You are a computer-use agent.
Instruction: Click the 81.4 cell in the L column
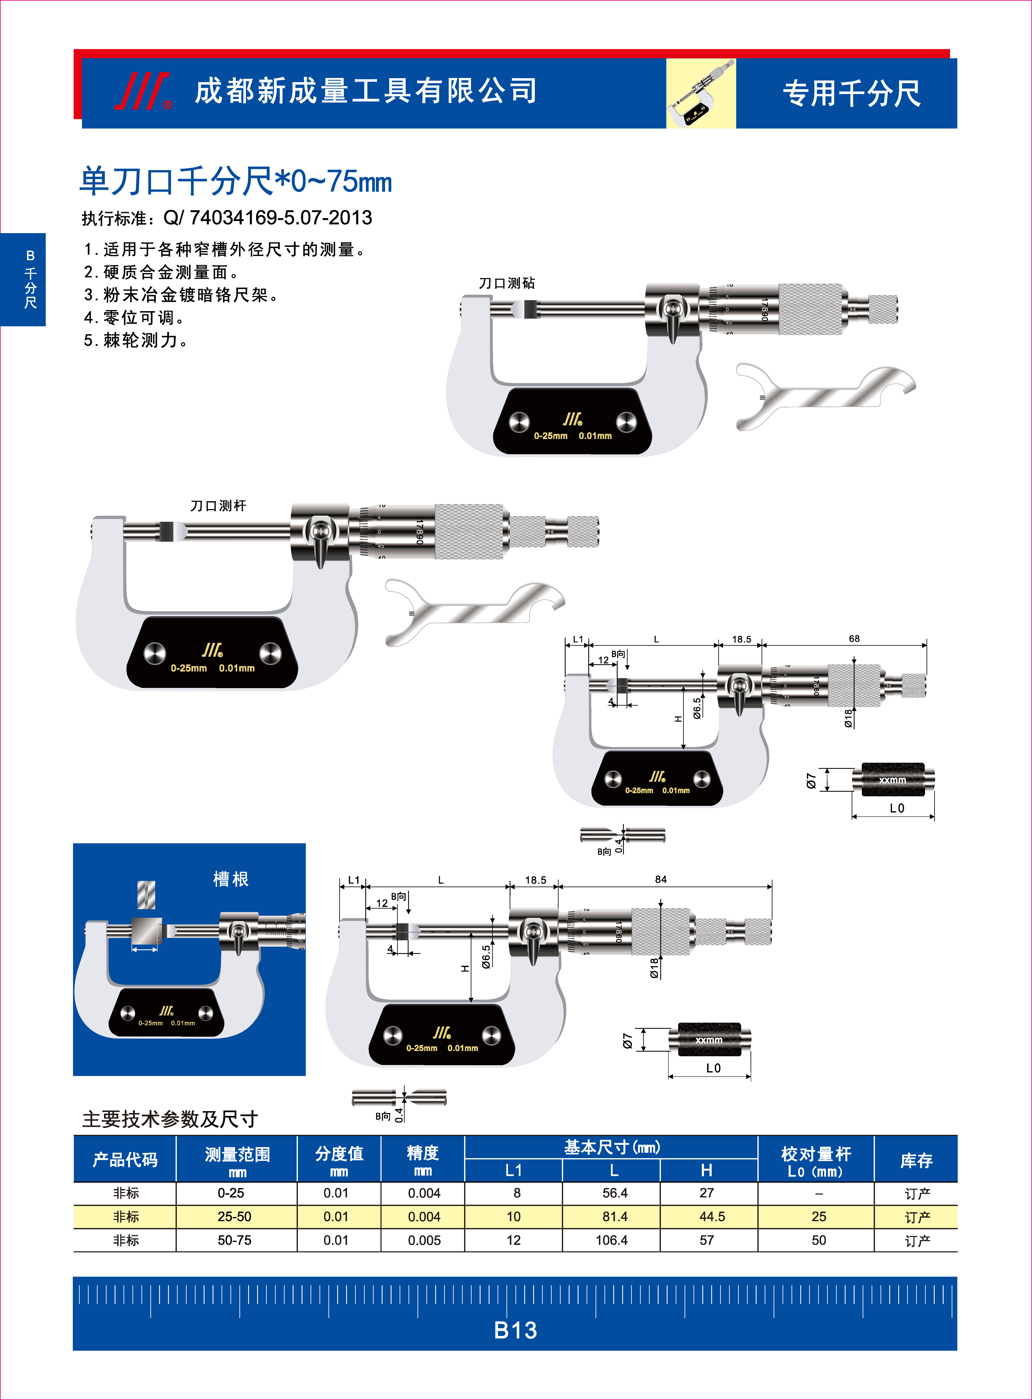pos(615,1216)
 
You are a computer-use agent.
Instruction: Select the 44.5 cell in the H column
pos(712,1216)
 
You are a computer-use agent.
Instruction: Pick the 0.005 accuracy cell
pos(424,1240)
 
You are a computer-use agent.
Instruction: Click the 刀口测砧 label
pos(507,283)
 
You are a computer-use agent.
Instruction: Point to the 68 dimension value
pos(854,638)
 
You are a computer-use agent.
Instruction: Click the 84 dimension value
pos(661,879)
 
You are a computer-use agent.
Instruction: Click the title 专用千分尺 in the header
pos(851,94)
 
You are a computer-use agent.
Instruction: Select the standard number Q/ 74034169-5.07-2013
pos(267,218)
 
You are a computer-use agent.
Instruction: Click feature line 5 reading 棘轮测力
pos(136,340)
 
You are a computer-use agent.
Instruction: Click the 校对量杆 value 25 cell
pos(818,1216)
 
